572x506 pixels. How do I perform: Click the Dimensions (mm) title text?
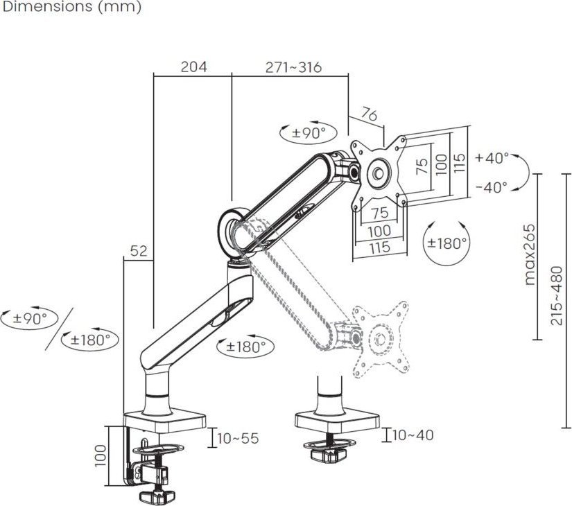pyautogui.click(x=71, y=8)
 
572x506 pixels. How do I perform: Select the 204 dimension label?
pyautogui.click(x=193, y=67)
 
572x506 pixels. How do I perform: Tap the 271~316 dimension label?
pyautogui.click(x=293, y=67)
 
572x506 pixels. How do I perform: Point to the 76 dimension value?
pyautogui.click(x=370, y=115)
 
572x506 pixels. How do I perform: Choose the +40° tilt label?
pyautogui.click(x=492, y=157)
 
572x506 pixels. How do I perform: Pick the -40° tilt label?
pyautogui.click(x=492, y=186)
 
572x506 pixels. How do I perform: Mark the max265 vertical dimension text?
pyautogui.click(x=530, y=254)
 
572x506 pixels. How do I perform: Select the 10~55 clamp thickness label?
pyautogui.click(x=238, y=438)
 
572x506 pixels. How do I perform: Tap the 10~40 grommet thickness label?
pyautogui.click(x=413, y=435)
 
